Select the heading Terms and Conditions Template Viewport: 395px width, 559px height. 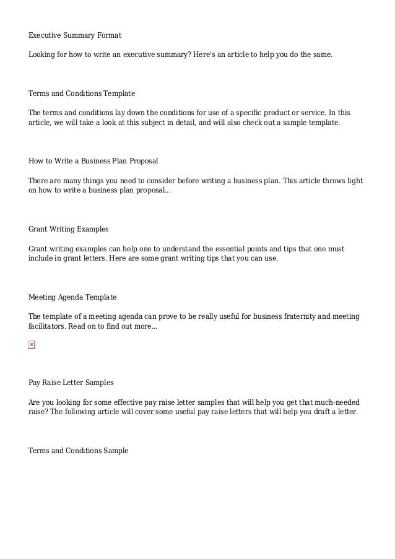(x=82, y=93)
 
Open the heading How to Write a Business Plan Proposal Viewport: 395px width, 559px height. (x=93, y=161)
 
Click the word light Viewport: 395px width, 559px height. (x=353, y=181)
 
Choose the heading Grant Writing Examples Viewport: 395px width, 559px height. (x=69, y=229)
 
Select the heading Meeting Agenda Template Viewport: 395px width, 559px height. (x=72, y=297)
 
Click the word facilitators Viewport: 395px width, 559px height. (x=46, y=326)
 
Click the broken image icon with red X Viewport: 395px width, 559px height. (x=32, y=344)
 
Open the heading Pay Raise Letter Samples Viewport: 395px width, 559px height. (x=71, y=383)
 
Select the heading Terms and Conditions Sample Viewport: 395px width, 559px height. (x=79, y=451)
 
